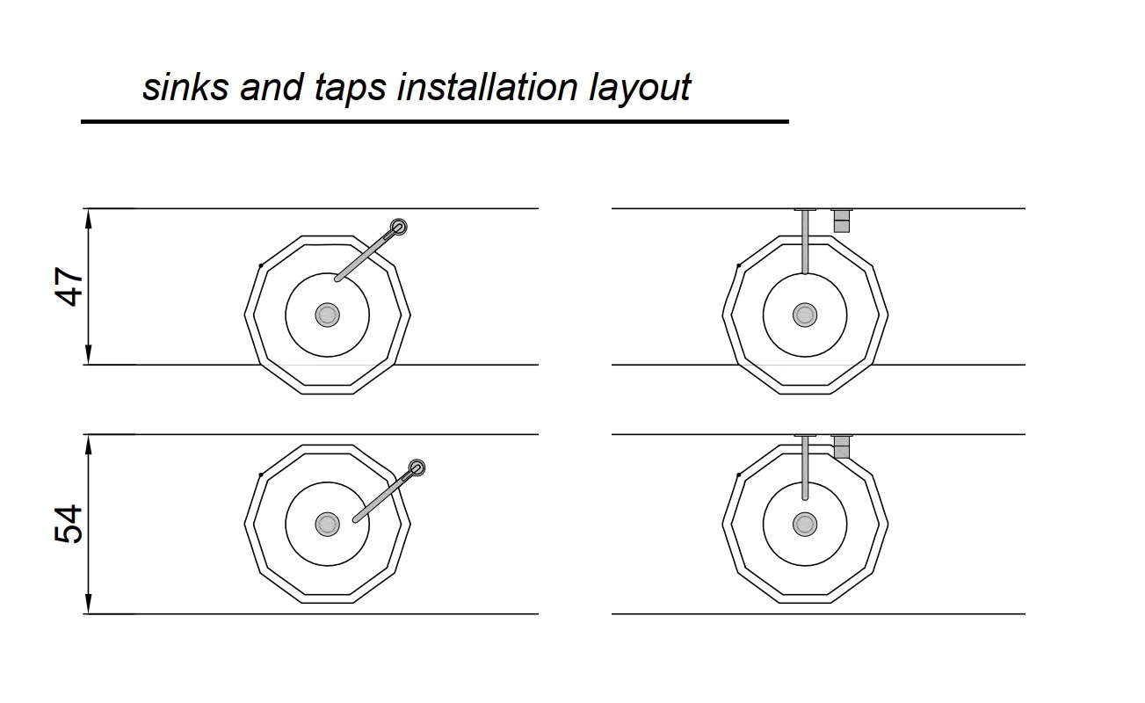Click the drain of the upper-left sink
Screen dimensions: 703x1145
coord(328,315)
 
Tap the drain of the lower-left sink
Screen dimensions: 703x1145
coord(328,525)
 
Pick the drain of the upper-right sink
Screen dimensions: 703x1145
coord(805,315)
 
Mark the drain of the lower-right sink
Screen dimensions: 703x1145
coord(805,525)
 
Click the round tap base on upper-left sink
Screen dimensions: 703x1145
coord(399,227)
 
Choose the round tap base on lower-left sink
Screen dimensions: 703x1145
coord(417,468)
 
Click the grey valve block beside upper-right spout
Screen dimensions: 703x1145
coord(842,221)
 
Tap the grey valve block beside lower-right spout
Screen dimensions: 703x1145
coord(842,447)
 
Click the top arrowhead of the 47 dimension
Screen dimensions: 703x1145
coord(89,215)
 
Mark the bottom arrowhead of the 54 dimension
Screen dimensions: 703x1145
coord(89,606)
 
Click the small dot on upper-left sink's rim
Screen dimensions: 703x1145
coord(261,265)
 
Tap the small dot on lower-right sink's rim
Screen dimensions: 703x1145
coord(738,475)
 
